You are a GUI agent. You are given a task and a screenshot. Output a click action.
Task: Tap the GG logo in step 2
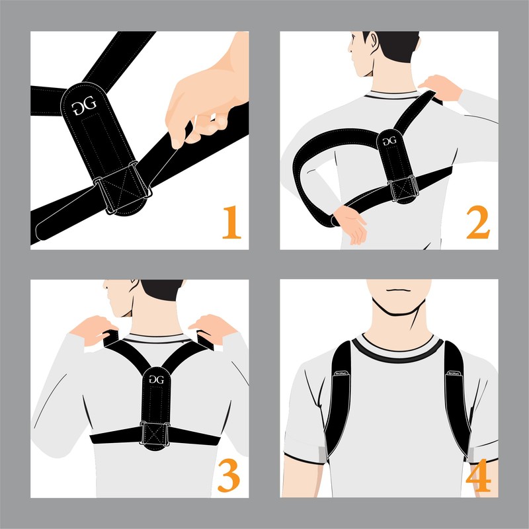click(389, 141)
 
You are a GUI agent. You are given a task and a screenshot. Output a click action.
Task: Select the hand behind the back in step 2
click(350, 222)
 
